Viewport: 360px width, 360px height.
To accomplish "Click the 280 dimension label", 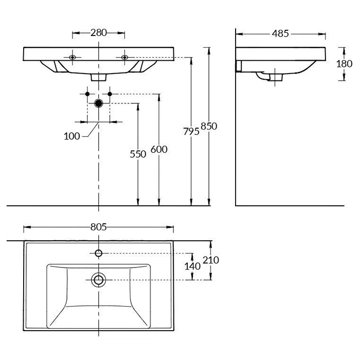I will (98, 33).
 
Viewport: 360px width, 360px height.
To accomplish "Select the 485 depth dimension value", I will (280, 33).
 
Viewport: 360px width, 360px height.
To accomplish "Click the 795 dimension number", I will (191, 131).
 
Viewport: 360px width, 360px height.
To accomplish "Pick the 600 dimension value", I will (159, 150).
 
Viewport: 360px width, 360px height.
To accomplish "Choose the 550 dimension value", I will (138, 153).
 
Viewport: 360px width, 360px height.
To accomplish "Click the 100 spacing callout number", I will (72, 136).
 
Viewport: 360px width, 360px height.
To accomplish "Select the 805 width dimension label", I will (98, 227).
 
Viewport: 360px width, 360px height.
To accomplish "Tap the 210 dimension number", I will (211, 260).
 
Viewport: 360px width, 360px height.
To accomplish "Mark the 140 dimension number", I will (192, 266).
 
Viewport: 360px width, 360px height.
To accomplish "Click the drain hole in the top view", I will (98, 280).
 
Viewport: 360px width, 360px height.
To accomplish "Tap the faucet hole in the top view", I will (98, 253).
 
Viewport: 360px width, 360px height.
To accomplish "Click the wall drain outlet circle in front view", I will (98, 103).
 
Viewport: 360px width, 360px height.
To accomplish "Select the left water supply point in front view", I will (87, 94).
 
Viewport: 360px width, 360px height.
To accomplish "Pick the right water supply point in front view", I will (110, 94).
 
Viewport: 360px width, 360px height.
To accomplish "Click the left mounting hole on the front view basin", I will (73, 57).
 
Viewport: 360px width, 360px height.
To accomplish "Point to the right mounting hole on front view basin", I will (124, 57).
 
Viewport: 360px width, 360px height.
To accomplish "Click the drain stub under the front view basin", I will (98, 77).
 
